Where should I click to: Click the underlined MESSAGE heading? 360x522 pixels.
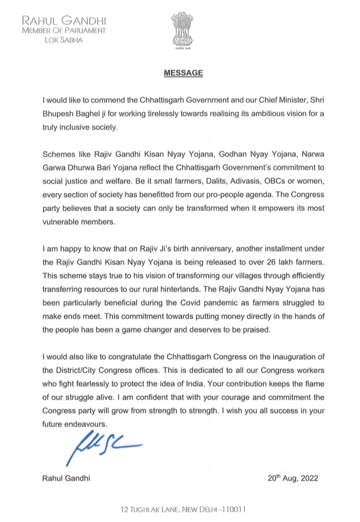(180, 74)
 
